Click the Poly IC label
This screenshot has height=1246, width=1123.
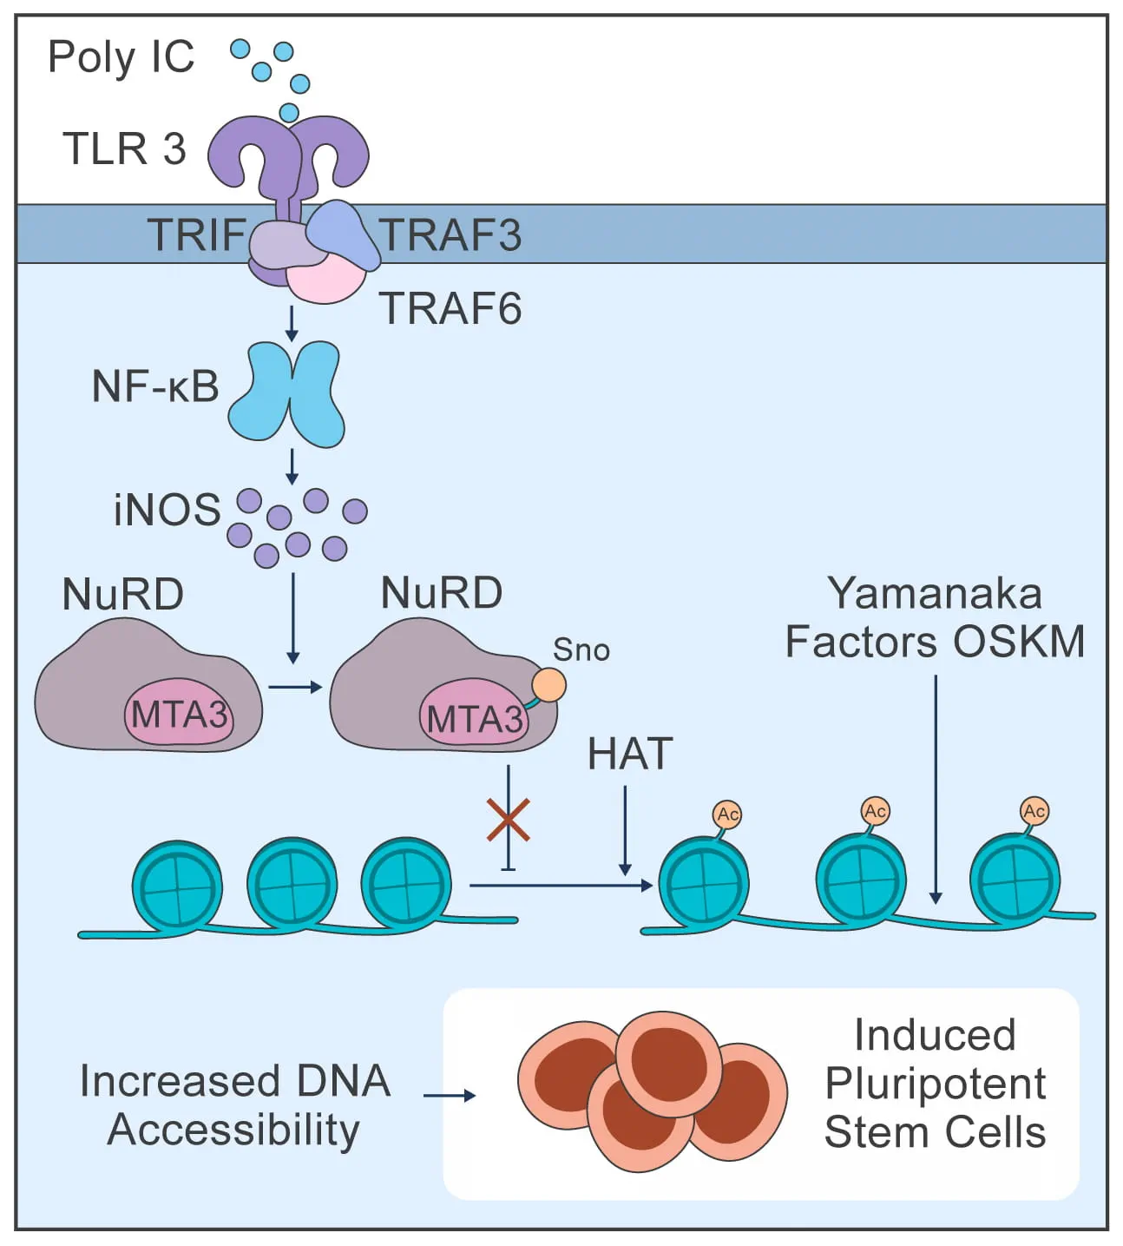pos(121,57)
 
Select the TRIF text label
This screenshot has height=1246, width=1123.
pos(197,234)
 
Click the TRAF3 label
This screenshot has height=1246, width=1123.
pos(451,235)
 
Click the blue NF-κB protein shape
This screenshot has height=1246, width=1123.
pos(286,392)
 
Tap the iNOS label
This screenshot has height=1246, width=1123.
pos(167,510)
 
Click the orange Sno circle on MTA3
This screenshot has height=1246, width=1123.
pos(548,684)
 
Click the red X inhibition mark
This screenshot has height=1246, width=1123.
pos(509,820)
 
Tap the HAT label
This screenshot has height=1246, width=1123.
pos(630,754)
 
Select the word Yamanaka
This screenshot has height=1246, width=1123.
pos(935,594)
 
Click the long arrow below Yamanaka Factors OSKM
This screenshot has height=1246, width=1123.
pos(936,790)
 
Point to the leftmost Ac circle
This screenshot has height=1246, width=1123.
pos(727,814)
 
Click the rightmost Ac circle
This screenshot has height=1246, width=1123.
pos(1034,811)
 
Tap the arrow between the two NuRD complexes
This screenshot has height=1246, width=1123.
pos(295,688)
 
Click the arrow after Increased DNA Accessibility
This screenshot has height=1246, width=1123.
pos(450,1096)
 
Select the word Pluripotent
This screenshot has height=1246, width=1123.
pos(935,1084)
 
